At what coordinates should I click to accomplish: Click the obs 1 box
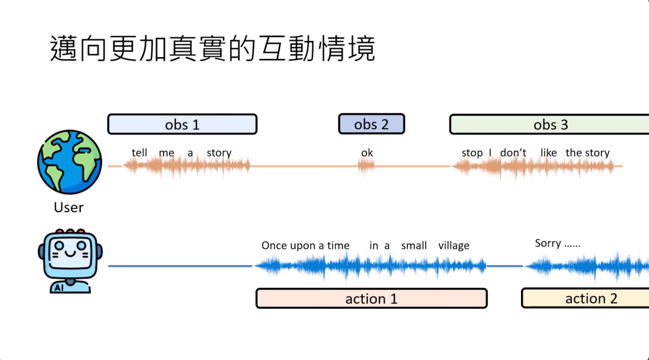point(182,124)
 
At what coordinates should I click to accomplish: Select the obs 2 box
point(371,124)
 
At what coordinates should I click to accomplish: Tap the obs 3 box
point(550,124)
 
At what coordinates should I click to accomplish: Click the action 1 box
point(371,299)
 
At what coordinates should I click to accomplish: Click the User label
point(69,208)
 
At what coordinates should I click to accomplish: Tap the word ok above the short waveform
point(367,153)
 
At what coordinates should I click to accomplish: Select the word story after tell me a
point(219,153)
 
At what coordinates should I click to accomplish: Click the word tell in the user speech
point(139,153)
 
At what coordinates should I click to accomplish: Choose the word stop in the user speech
point(472,153)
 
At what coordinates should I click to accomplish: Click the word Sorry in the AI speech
point(548,243)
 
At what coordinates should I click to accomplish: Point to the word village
point(454,246)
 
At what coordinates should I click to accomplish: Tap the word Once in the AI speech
point(274,246)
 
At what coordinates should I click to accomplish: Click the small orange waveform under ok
point(367,166)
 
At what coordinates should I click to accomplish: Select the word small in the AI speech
point(413,246)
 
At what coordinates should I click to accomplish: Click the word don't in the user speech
point(513,153)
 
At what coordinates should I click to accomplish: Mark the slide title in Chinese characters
point(212,49)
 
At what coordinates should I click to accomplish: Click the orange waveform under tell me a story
point(186,166)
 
